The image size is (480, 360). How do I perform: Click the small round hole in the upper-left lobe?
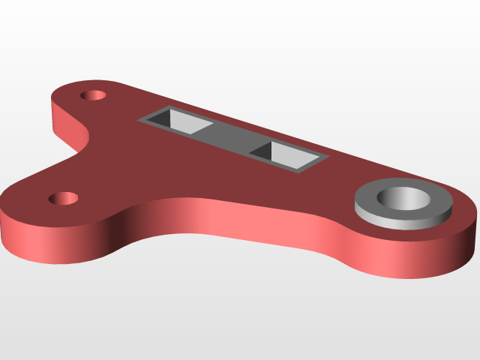click(94, 96)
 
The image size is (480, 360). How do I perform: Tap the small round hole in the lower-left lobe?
click(64, 198)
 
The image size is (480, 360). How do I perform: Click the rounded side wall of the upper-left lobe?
click(57, 120)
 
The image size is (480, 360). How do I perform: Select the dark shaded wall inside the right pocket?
click(262, 150)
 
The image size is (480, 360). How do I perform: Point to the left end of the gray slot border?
click(142, 119)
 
